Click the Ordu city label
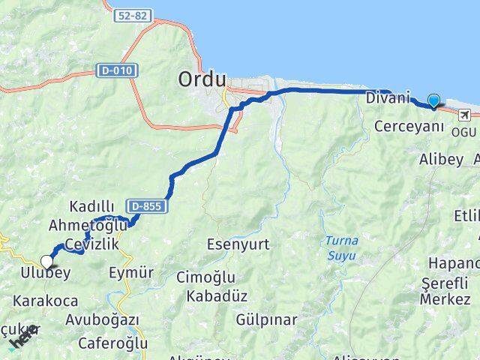click(199, 78)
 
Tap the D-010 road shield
click(111, 70)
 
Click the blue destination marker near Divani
click(433, 100)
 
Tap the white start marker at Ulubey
click(48, 262)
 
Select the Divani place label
click(388, 98)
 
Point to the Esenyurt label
click(238, 244)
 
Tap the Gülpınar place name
click(266, 320)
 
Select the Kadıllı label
click(91, 206)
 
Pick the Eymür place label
click(132, 271)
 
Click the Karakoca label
click(45, 301)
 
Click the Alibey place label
click(442, 160)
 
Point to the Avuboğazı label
click(102, 320)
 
